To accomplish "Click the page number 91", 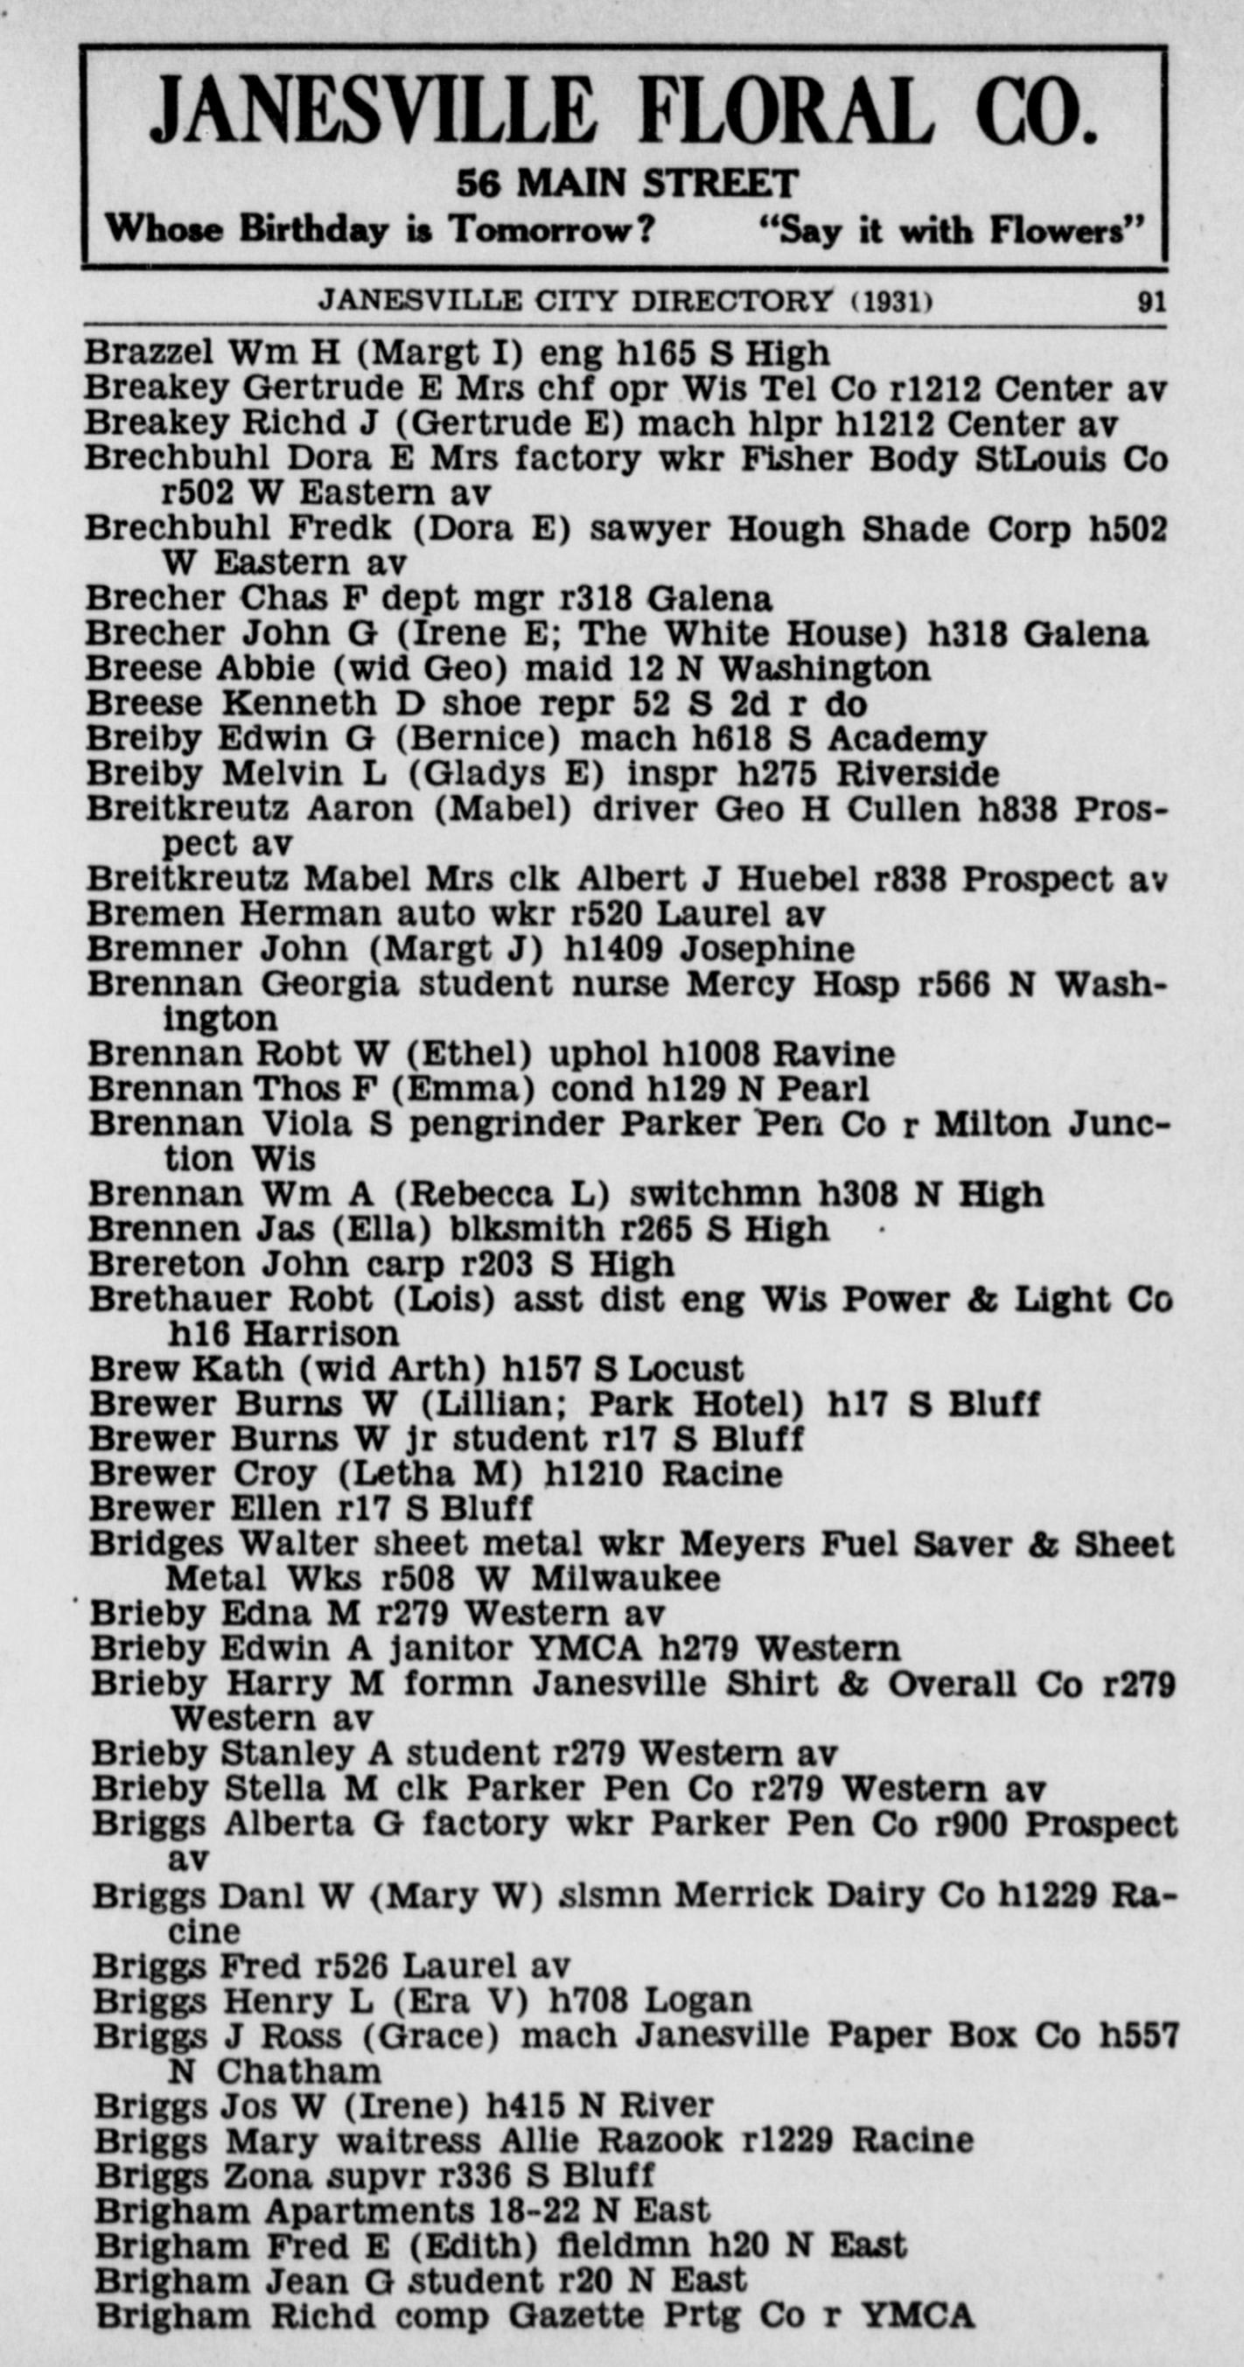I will click(x=1151, y=303).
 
